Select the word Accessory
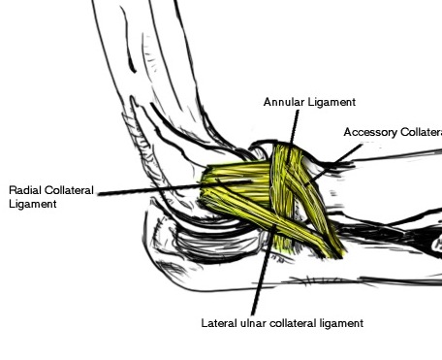369,131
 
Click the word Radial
26,190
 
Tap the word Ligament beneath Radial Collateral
31,205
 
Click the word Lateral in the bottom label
218,323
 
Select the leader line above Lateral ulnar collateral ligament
263,272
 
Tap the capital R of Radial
12,190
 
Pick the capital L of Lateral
204,323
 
